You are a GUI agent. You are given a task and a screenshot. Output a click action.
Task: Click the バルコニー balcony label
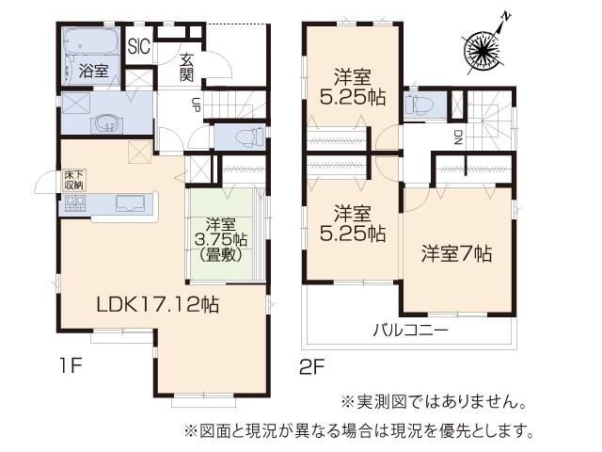pyautogui.click(x=409, y=331)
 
